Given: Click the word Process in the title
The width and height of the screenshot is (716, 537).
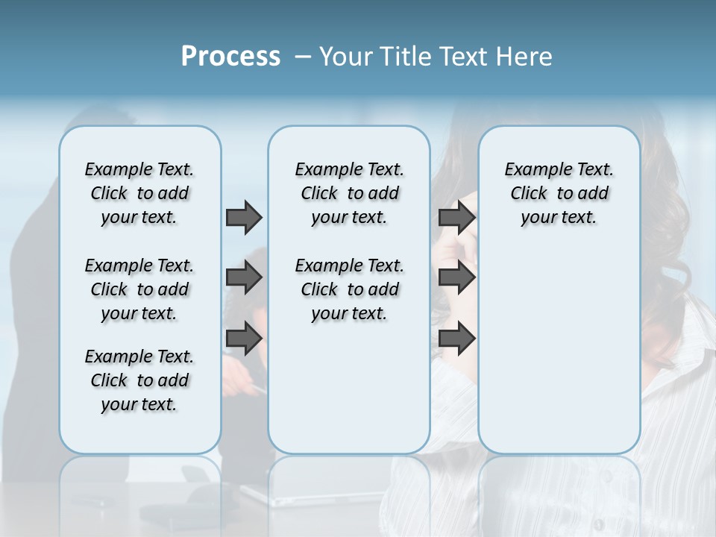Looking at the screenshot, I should click(230, 57).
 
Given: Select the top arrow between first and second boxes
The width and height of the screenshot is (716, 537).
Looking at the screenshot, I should click(244, 217).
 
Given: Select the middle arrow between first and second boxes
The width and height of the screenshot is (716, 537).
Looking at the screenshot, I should click(244, 277).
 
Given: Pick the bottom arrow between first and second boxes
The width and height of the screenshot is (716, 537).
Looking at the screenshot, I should click(244, 339).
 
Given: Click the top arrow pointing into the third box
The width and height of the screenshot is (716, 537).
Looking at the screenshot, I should click(456, 217).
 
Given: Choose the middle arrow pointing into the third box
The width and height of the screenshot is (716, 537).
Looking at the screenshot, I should click(456, 277).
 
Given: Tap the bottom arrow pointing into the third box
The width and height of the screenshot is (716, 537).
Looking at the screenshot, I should click(456, 339).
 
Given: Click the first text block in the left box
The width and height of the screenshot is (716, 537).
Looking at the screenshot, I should click(139, 193).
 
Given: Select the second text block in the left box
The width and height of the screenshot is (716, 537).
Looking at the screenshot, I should click(139, 289).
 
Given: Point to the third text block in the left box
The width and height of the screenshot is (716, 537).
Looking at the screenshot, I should click(139, 380).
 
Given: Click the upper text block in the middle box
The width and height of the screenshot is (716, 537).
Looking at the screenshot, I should click(349, 193).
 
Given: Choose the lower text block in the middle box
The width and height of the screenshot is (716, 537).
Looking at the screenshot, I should click(349, 289).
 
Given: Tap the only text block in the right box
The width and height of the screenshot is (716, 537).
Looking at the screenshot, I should click(559, 193).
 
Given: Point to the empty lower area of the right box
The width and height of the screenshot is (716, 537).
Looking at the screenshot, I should click(559, 351).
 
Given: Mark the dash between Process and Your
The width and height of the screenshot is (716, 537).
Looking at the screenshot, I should click(303, 57).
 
